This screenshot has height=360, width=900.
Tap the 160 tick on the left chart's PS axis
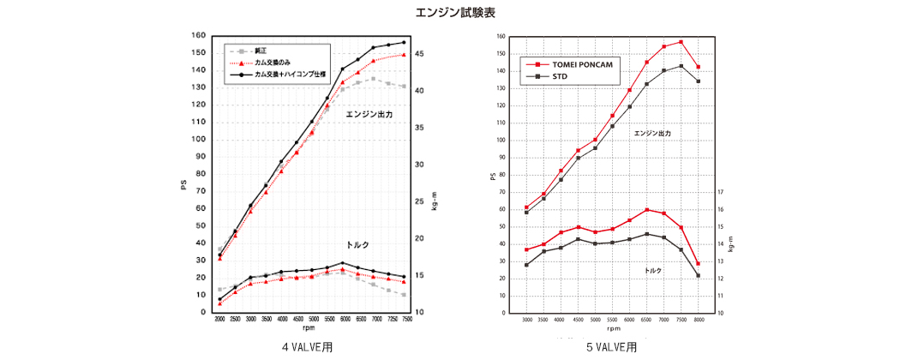click(199, 36)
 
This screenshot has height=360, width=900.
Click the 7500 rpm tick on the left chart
click(404, 319)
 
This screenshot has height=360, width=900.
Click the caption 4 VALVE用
click(308, 347)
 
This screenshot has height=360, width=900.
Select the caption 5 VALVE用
click(612, 347)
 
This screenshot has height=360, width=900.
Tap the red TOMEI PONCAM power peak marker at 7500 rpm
click(681, 42)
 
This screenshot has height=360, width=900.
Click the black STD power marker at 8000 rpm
click(699, 81)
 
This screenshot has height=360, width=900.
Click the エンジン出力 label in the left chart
click(369, 114)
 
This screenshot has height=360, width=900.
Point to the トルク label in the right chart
click(653, 271)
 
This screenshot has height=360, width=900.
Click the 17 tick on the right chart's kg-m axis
click(720, 192)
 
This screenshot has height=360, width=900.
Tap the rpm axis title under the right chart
click(613, 328)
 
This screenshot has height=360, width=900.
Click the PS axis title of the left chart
click(183, 183)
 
